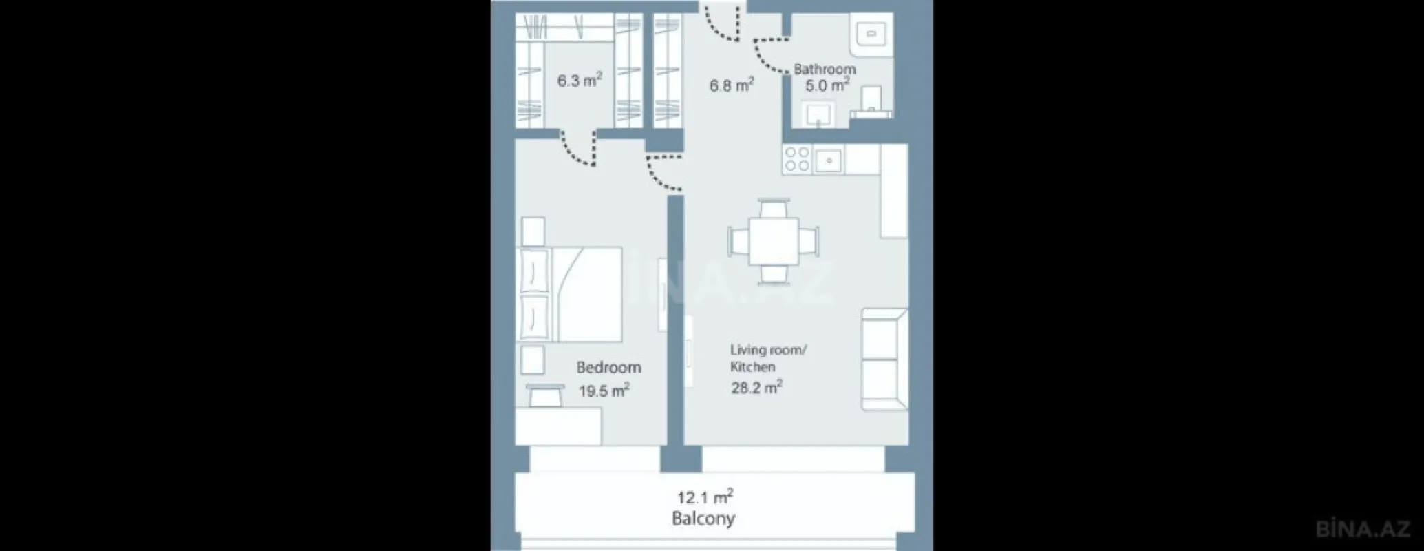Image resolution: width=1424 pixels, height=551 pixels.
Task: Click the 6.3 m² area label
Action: [x=579, y=81]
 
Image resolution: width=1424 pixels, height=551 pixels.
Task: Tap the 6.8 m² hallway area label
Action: [x=731, y=85]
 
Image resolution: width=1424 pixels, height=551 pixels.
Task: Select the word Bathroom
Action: [x=825, y=69]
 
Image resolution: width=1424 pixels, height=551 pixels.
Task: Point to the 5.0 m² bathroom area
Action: [x=827, y=85]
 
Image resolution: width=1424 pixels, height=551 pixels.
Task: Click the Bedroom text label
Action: [x=608, y=368]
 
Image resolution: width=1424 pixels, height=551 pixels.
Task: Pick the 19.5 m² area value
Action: [x=604, y=391]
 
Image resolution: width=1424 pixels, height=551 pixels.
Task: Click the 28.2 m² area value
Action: [x=756, y=387]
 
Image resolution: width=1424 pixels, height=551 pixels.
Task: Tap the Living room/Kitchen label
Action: [x=767, y=358]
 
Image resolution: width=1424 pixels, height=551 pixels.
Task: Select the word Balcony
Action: [x=703, y=519]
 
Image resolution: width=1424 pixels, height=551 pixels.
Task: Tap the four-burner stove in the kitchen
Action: [x=798, y=160]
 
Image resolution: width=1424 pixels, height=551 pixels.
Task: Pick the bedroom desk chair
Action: [x=544, y=395]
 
